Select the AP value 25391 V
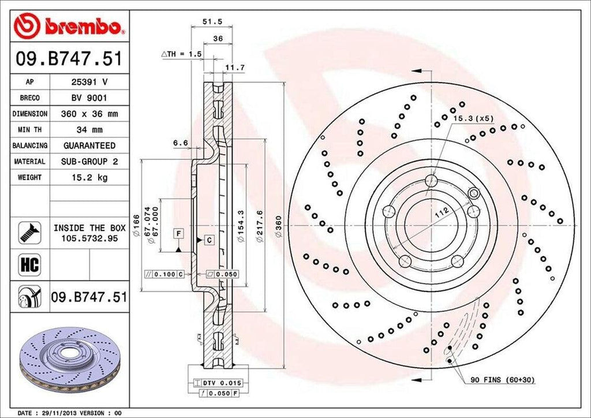pos(89,83)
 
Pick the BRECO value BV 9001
pos(89,98)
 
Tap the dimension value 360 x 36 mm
pos(89,114)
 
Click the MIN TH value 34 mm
pos(89,130)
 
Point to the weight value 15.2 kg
pos(89,177)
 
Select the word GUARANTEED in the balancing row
pos(89,145)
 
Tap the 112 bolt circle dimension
pos(442,212)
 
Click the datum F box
pos(179,233)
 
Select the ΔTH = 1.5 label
pos(182,54)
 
